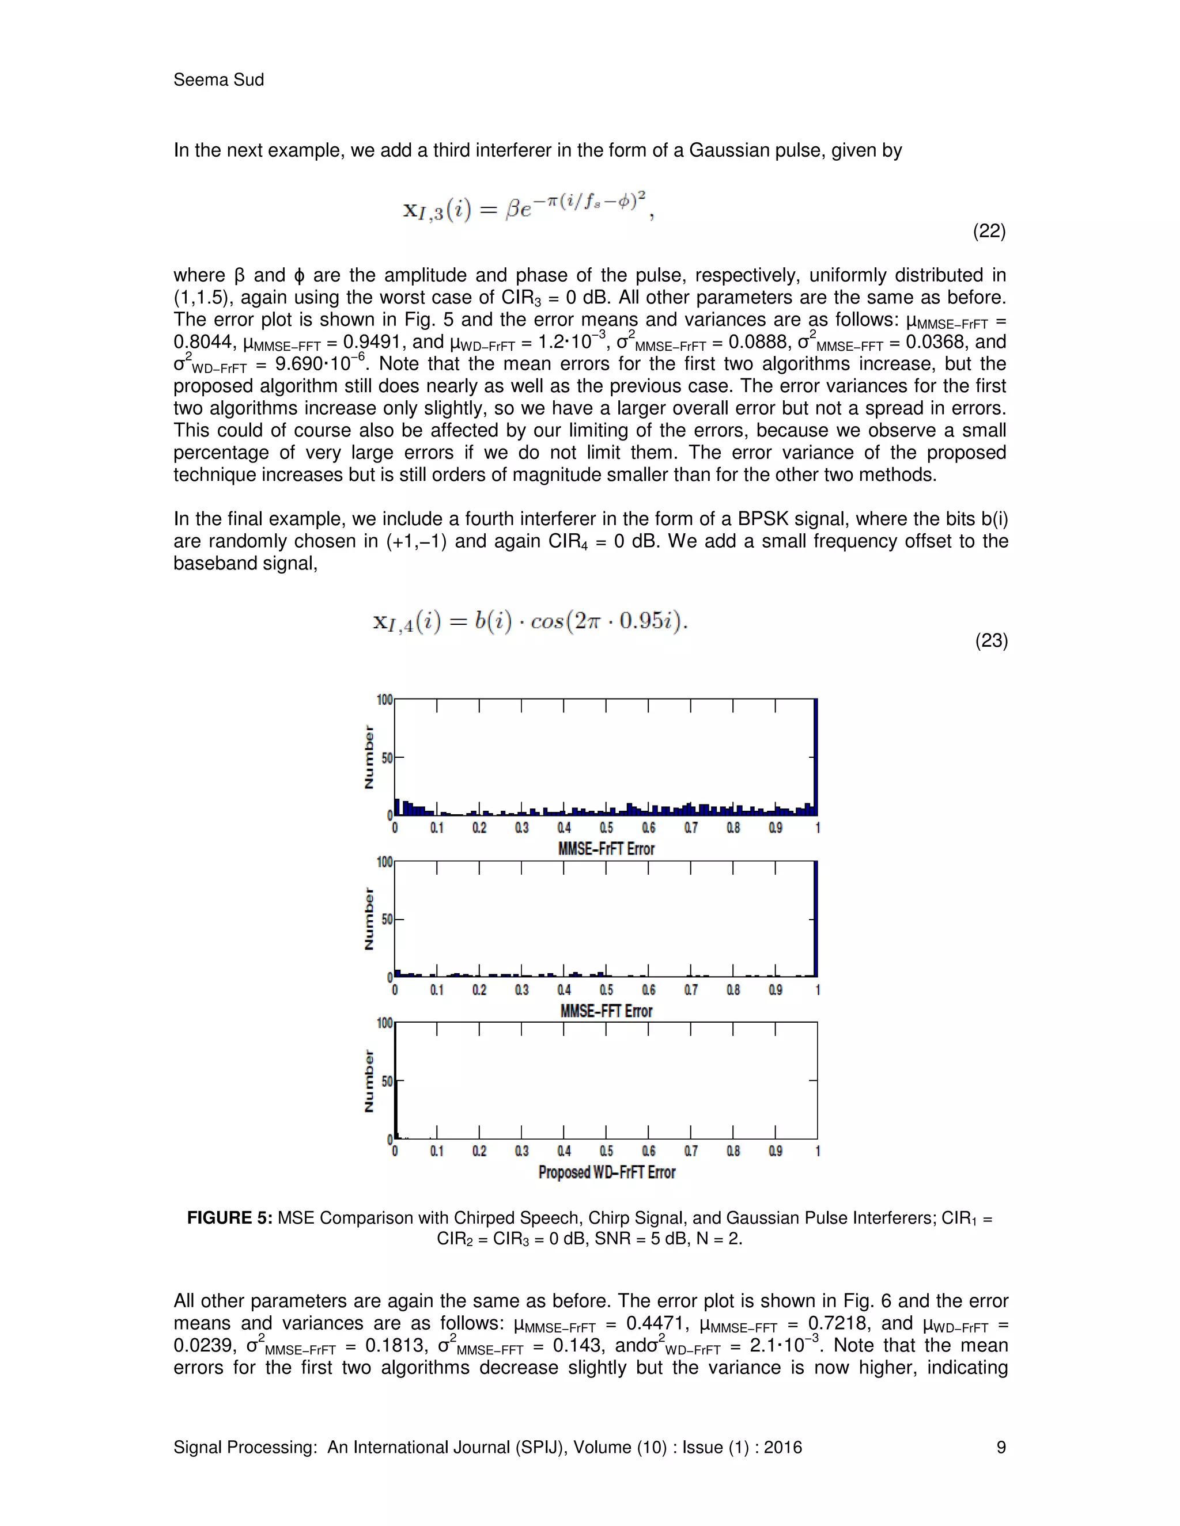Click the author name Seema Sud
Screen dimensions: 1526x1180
click(218, 79)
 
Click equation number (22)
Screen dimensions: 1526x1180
click(989, 231)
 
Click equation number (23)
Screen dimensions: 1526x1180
click(990, 641)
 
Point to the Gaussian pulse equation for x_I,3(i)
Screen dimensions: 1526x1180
click(528, 207)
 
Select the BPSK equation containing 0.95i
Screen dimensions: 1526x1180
click(530, 621)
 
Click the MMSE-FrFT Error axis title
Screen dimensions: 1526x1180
click(606, 849)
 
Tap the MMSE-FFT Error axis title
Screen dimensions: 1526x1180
click(606, 1011)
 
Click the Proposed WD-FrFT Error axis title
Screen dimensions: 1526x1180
click(606, 1172)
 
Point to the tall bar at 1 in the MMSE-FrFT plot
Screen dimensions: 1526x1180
click(816, 758)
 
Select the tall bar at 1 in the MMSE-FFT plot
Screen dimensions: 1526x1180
click(816, 919)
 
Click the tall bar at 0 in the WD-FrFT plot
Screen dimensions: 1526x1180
click(396, 1083)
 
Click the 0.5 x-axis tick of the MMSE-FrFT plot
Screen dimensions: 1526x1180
click(606, 828)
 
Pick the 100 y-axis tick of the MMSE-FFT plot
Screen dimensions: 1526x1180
click(384, 861)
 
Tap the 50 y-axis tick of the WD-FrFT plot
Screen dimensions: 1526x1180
click(387, 1081)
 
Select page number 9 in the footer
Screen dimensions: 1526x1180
click(1000, 1447)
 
